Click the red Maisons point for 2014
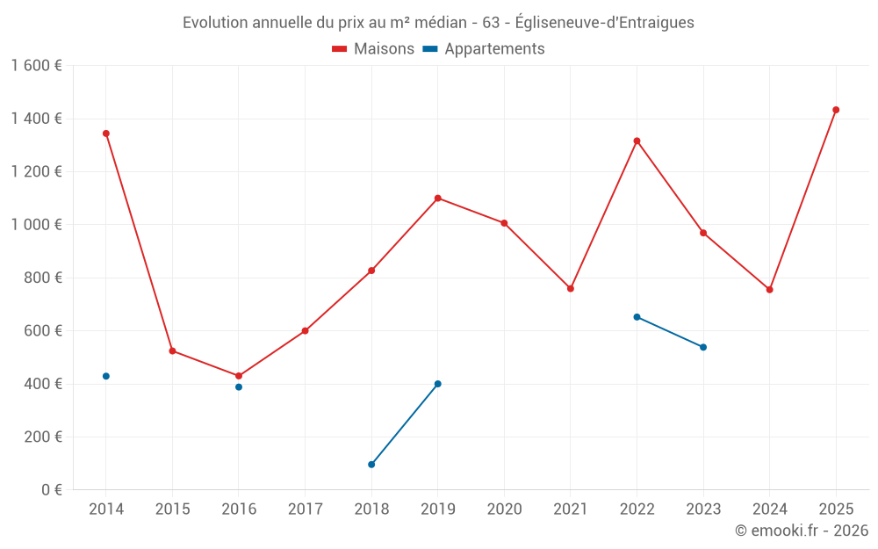tap(106, 134)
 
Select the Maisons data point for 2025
tap(836, 110)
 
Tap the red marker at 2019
tap(437, 198)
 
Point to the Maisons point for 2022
tap(637, 141)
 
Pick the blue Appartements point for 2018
tap(371, 465)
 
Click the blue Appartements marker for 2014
tap(106, 376)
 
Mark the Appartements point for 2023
tap(703, 347)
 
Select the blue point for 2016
tap(239, 386)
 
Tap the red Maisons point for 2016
tap(239, 376)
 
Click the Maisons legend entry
tap(373, 49)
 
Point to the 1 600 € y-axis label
tap(36, 66)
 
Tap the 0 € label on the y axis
tap(51, 490)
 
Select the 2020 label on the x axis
tap(504, 509)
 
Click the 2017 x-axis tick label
tap(305, 509)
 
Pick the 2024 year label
tap(769, 509)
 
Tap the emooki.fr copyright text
tap(801, 531)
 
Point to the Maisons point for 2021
tap(571, 288)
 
